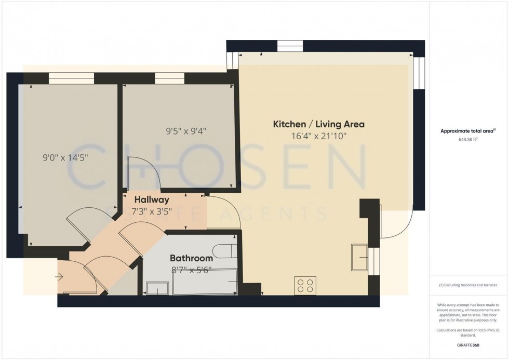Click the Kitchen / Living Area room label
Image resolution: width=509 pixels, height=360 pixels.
319,125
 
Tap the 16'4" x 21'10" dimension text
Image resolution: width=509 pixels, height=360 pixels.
319,137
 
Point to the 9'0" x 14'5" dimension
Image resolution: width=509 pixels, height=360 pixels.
64,157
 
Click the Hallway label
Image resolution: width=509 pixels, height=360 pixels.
152,199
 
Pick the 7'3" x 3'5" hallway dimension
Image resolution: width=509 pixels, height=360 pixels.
152,211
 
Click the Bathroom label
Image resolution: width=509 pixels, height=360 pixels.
192,258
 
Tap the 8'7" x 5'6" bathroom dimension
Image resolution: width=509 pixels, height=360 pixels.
192,270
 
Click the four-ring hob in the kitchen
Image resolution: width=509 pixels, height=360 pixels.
305,285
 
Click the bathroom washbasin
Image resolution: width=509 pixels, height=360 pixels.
157,288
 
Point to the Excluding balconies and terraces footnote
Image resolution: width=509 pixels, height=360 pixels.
468,285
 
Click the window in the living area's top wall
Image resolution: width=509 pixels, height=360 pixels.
290,46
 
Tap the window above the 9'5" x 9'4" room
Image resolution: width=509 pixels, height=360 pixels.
169,78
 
